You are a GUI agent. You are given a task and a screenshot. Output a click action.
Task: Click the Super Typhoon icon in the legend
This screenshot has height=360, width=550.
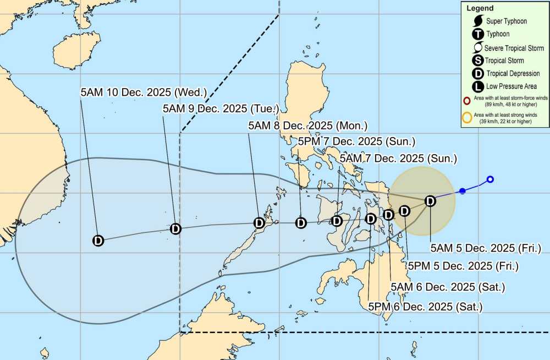point(477,21)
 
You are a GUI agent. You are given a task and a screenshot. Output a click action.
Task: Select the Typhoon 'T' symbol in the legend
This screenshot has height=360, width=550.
point(477,34)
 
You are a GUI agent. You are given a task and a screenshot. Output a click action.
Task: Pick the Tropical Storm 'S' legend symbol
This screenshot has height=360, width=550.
point(477,61)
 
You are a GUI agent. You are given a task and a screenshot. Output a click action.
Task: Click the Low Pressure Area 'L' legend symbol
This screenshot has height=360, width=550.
point(477,86)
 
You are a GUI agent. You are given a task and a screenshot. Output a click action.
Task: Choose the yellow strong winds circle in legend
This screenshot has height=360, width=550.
point(468,117)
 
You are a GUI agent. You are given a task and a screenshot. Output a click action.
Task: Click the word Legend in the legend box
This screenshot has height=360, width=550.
point(480,8)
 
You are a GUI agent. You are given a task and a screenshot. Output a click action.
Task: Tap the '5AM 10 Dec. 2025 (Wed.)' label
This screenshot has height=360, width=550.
point(143,92)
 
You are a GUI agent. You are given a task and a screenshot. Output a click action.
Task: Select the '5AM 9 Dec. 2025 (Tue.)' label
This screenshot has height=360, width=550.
point(221,108)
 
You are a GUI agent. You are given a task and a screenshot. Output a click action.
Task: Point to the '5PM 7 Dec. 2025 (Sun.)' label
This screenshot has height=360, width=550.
point(356,141)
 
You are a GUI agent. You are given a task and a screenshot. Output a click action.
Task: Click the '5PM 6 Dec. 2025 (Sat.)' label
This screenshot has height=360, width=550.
point(425,307)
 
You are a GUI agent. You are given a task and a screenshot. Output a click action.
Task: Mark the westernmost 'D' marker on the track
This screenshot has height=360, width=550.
point(98,240)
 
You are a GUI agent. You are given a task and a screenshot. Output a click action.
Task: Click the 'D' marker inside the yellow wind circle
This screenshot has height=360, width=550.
point(430,201)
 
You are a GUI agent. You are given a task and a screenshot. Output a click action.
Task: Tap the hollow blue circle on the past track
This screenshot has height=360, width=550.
point(490,179)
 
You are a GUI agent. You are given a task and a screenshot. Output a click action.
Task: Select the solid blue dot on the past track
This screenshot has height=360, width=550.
point(463,191)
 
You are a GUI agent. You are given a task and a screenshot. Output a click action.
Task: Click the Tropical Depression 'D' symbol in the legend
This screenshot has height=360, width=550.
point(477,73)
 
